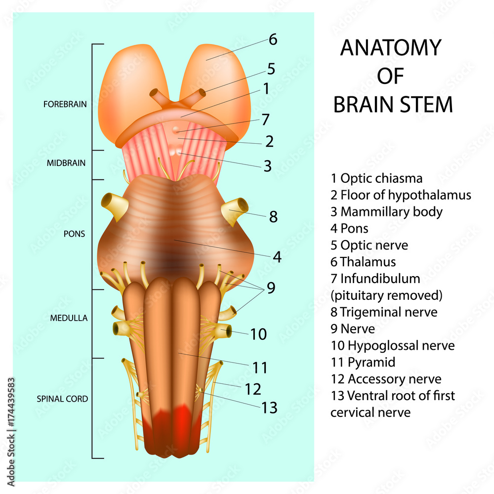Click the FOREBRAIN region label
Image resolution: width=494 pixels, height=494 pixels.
[x=65, y=104]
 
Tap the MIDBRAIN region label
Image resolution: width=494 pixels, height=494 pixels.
[x=66, y=163]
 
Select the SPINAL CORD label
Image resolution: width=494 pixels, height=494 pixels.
[x=63, y=399]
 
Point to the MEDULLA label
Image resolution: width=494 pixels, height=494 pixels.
[x=69, y=318]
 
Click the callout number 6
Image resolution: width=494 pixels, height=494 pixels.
[x=273, y=40]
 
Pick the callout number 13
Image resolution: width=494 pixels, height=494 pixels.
[x=269, y=408]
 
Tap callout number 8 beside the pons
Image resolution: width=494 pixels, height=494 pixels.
[x=273, y=216]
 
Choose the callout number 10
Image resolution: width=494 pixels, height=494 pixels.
[x=258, y=334]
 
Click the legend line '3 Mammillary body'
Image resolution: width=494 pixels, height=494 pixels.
[x=386, y=212]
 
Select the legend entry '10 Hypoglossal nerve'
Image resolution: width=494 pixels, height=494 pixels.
[x=393, y=345]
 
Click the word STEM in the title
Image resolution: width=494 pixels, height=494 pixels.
[x=426, y=105]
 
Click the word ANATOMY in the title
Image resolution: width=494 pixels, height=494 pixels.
[x=390, y=48]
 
